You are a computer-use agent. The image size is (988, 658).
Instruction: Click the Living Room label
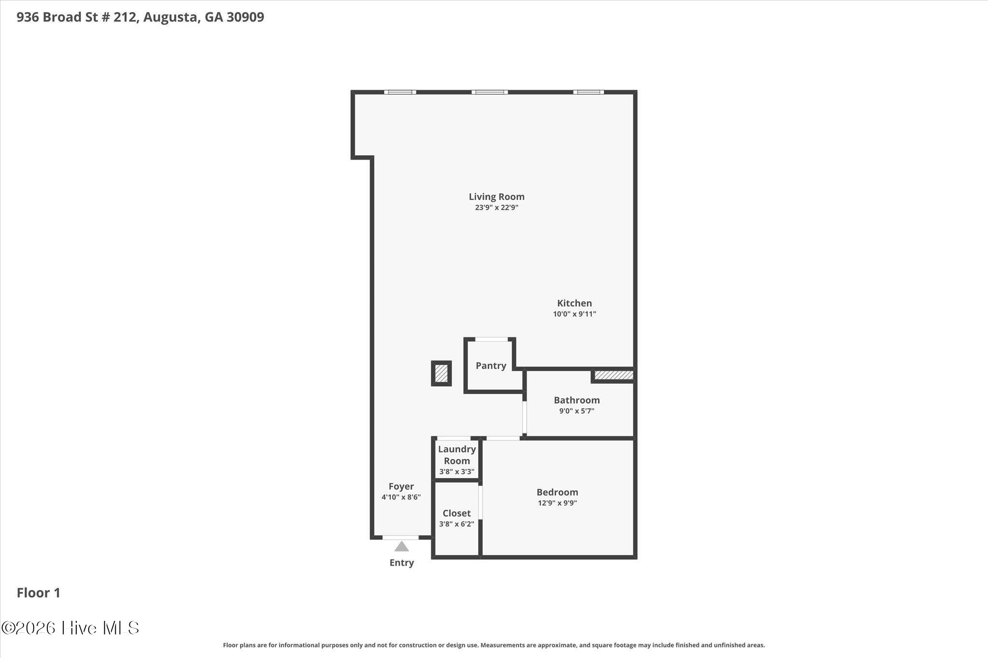click(x=496, y=197)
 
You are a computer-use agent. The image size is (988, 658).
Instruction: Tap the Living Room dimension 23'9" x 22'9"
click(x=496, y=208)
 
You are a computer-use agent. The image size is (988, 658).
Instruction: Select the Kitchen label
click(x=575, y=303)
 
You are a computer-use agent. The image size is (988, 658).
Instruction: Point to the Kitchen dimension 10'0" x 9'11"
click(x=575, y=314)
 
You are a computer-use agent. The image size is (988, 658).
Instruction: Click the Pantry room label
click(x=491, y=366)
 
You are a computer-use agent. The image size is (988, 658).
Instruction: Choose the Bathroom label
click(x=577, y=400)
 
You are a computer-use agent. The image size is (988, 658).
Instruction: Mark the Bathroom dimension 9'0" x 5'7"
click(x=577, y=411)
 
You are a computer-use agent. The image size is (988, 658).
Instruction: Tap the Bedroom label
click(x=557, y=492)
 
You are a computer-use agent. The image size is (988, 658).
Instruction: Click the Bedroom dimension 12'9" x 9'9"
click(x=557, y=503)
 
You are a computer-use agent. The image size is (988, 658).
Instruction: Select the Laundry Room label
click(x=457, y=455)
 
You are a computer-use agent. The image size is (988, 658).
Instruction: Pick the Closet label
click(x=457, y=513)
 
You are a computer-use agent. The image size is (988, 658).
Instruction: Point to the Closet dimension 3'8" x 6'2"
click(x=457, y=524)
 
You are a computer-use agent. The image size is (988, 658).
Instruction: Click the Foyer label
click(x=401, y=486)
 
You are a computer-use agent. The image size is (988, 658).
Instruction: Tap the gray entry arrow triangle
click(x=401, y=547)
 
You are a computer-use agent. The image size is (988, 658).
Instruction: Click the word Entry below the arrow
click(x=402, y=563)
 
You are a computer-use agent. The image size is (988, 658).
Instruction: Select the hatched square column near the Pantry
click(x=441, y=373)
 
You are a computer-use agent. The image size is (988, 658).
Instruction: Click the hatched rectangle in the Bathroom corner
click(x=614, y=375)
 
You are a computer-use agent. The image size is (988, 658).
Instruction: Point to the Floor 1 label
click(x=39, y=593)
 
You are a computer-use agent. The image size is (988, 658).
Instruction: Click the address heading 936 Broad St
click(x=140, y=17)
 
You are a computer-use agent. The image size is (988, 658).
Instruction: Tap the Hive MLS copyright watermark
click(x=70, y=628)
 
